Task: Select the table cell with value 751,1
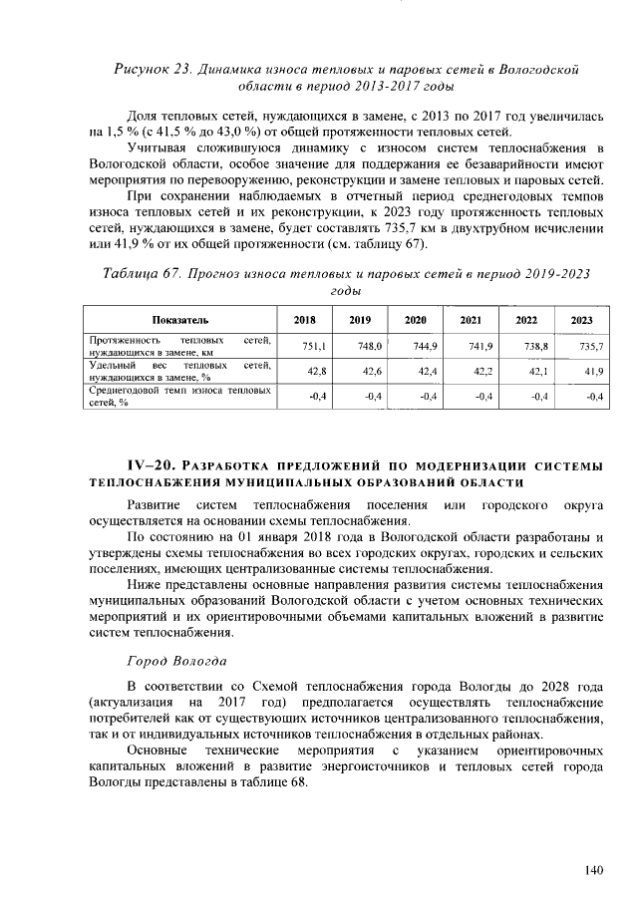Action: [x=315, y=345]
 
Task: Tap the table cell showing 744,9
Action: [x=426, y=345]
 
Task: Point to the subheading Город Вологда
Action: [x=176, y=663]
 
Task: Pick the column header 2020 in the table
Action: [x=415, y=320]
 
